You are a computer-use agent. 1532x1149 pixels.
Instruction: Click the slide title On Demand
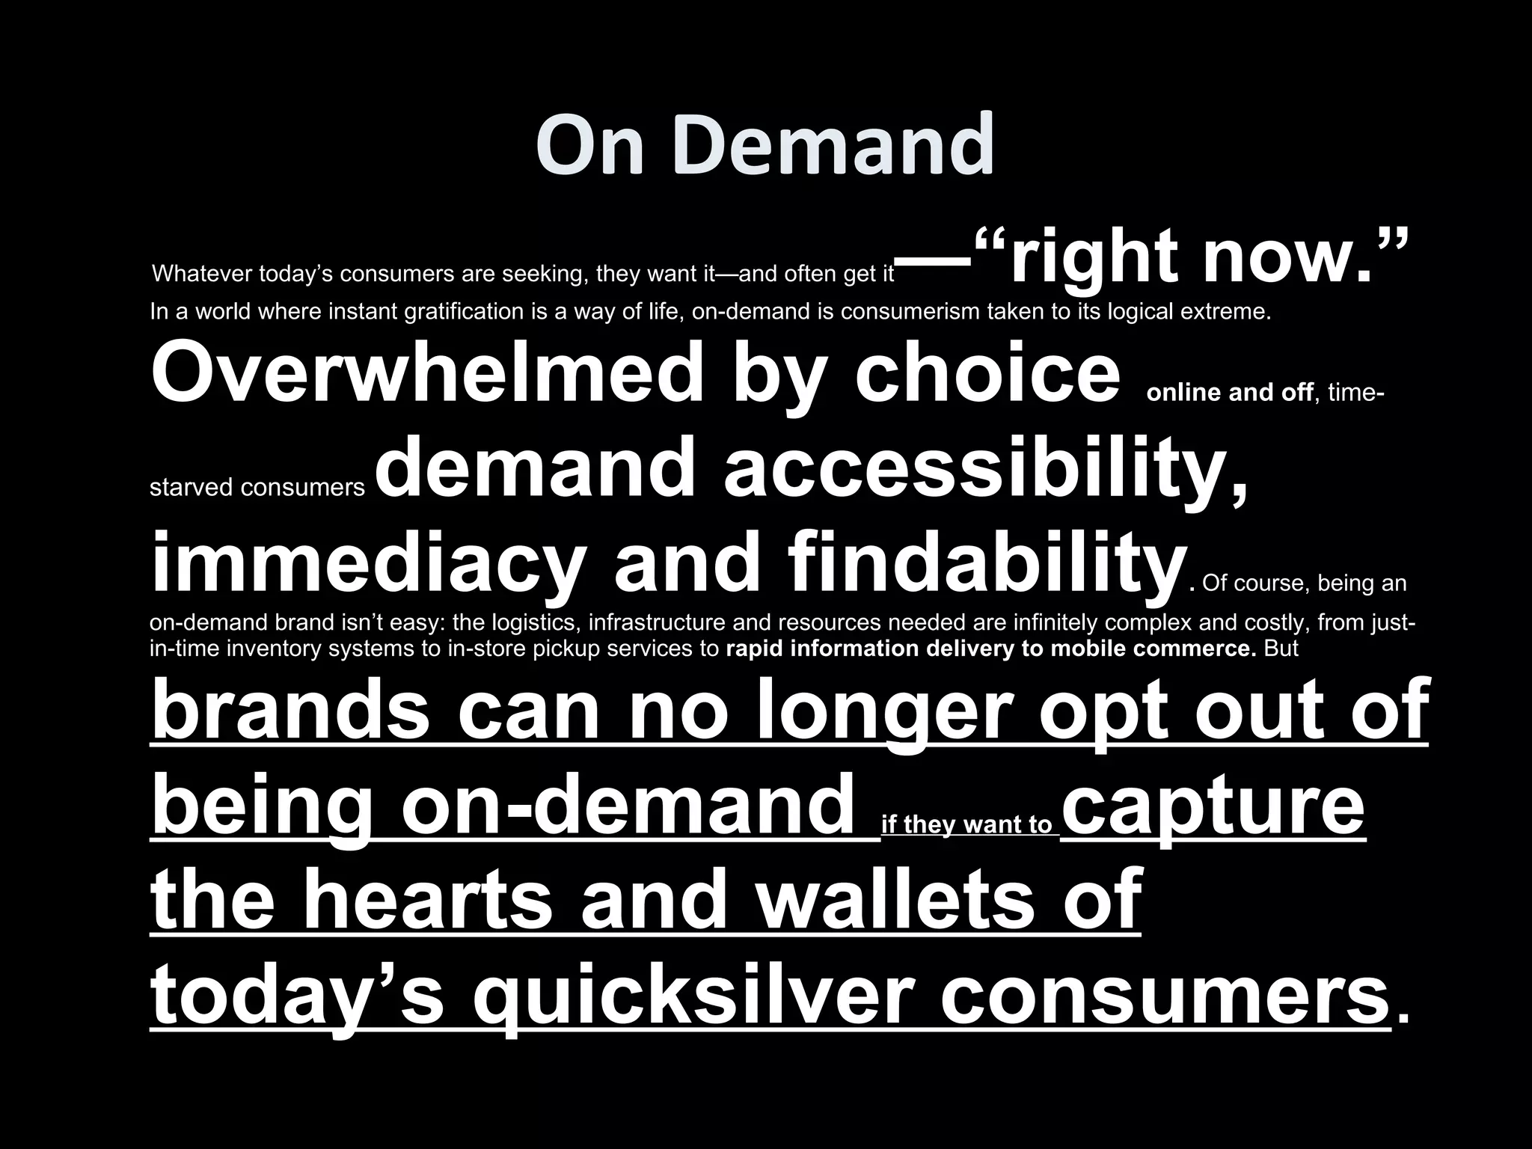[765, 144]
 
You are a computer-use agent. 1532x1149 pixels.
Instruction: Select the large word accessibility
[985, 470]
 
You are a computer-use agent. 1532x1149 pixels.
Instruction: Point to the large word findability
[987, 563]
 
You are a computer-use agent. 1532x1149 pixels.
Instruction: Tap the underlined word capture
[1213, 806]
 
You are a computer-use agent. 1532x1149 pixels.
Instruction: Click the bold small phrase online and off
[1229, 393]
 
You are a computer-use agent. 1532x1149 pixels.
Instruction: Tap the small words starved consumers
[257, 488]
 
